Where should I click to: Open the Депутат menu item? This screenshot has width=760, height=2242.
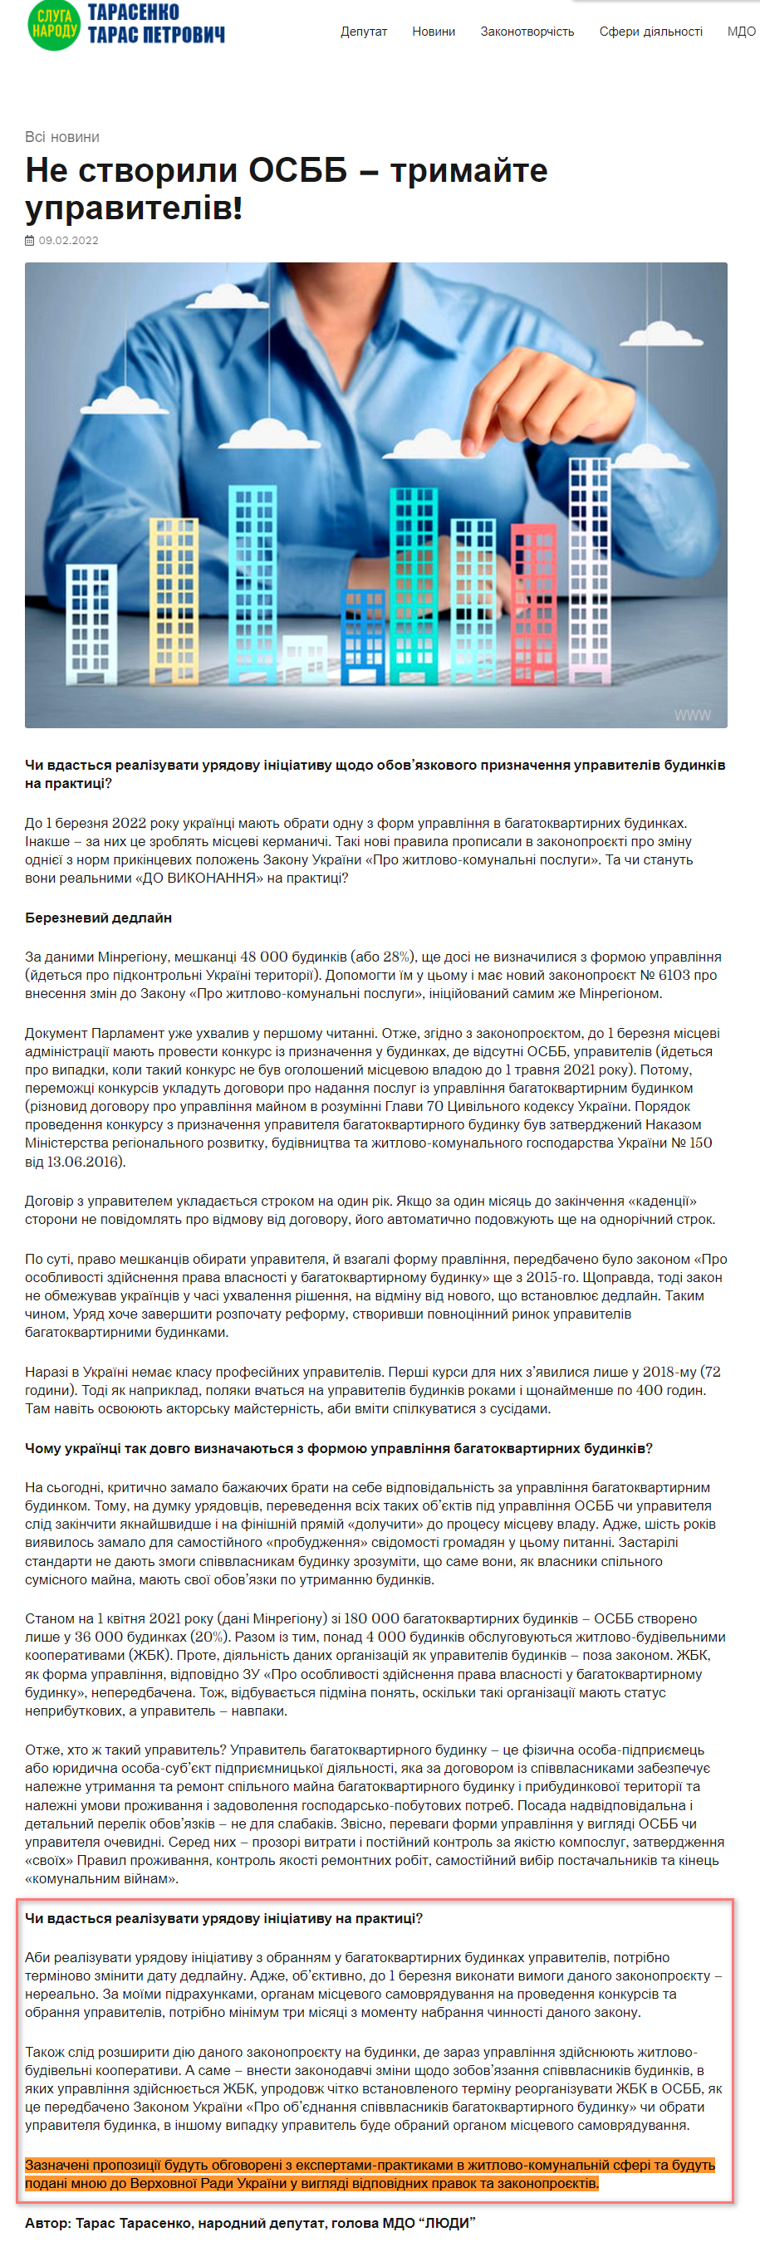363,32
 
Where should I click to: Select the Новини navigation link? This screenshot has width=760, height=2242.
434,32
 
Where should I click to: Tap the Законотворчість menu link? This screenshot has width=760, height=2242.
527,32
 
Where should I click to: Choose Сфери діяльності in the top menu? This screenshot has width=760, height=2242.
650,32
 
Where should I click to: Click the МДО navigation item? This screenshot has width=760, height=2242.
741,32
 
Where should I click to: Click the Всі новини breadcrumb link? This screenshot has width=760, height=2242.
61,137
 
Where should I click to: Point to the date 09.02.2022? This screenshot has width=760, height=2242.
68,240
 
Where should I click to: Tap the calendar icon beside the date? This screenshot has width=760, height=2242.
30,240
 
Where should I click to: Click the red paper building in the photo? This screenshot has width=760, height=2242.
532,600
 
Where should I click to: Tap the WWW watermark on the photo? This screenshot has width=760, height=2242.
692,715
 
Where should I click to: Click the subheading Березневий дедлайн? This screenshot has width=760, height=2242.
98,918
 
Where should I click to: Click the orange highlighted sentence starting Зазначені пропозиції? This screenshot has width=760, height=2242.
369,2173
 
